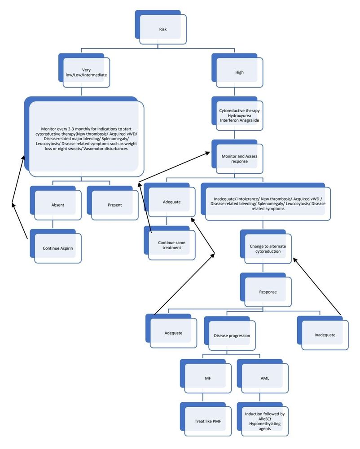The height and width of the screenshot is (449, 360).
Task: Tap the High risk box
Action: (239, 72)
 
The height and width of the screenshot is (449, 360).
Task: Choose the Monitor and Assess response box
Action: (239, 158)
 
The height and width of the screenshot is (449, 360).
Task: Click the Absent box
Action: (57, 205)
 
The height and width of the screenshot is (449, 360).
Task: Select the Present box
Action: (114, 205)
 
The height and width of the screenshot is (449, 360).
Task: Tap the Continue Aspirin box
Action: (57, 248)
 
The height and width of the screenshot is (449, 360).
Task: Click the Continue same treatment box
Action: (171, 245)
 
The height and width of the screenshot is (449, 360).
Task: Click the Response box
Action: (268, 292)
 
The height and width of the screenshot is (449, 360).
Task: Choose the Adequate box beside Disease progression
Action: (173, 333)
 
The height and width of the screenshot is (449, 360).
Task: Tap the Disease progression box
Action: (231, 335)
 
